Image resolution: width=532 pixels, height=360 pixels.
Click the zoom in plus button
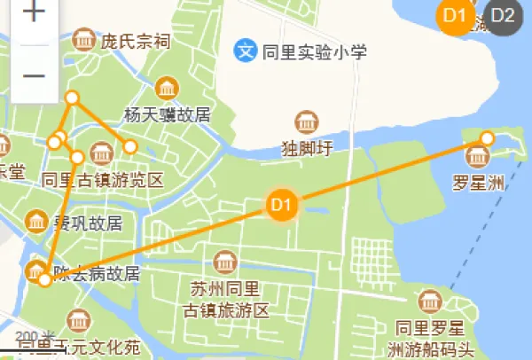pos(34,12)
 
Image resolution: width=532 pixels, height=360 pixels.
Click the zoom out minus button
pos(34,75)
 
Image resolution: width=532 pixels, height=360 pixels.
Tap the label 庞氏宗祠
pos(134,41)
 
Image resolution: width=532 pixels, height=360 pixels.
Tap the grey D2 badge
pos(503,15)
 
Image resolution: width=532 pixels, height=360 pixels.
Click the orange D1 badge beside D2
pos(456,15)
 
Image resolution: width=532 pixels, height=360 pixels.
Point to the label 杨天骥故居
pos(168,114)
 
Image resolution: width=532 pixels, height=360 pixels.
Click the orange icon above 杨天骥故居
pos(166,88)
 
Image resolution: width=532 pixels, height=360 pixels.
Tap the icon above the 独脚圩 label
pos(306,121)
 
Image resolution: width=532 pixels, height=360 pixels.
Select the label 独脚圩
pos(306,148)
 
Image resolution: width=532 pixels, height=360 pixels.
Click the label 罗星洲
pos(478,184)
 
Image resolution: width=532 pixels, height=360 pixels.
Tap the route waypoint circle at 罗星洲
pos(487,137)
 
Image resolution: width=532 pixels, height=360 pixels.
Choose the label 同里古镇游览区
pos(103,180)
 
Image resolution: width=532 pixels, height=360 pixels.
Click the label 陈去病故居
pos(97,273)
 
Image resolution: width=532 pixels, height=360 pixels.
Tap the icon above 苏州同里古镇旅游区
pos(223,262)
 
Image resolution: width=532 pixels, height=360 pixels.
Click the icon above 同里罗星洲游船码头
pos(431,301)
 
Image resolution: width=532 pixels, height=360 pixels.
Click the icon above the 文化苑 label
pos(78,320)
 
